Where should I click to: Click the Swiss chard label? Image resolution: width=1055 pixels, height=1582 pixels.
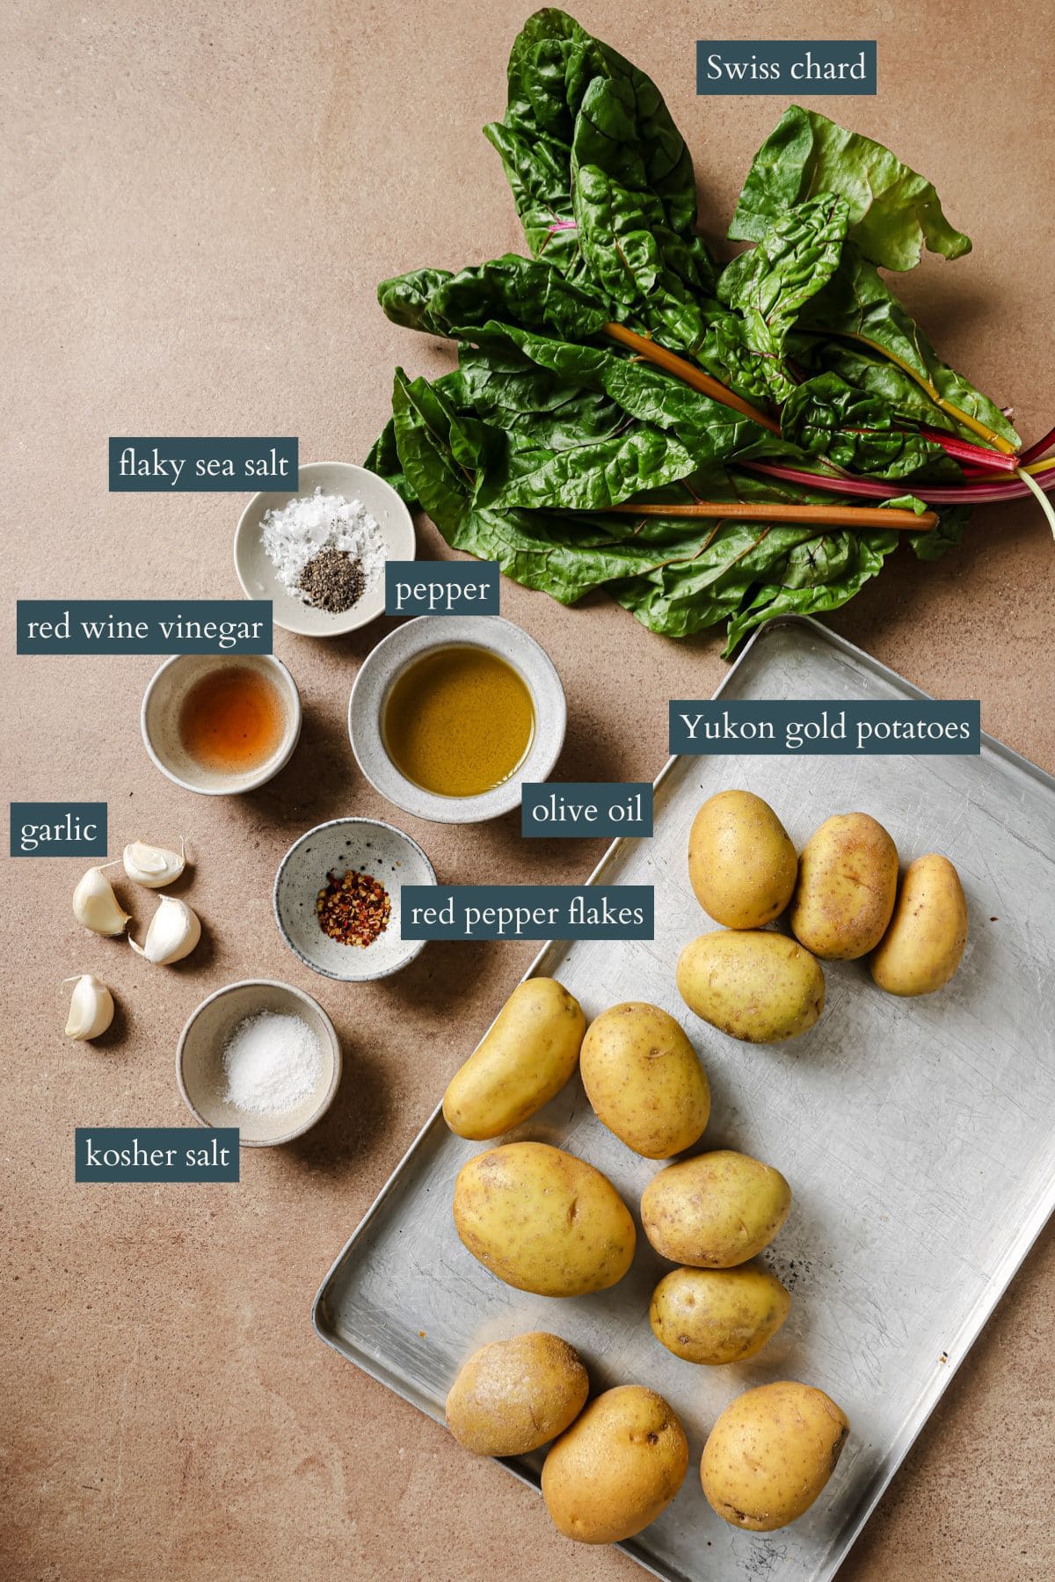[786, 68]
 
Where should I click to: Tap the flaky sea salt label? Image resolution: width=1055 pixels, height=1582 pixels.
[203, 463]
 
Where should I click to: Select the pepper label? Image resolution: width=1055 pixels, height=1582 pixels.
[442, 590]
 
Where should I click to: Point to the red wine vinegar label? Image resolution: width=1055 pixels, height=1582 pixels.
[144, 628]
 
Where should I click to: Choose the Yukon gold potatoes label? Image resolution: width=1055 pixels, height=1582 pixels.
[825, 727]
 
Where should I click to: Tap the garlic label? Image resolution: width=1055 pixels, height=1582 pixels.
[58, 829]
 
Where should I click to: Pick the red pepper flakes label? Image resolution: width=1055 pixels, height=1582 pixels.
[527, 913]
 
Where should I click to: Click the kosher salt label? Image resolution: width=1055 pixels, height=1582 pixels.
[157, 1153]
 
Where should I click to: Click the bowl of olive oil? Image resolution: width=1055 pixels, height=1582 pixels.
[457, 719]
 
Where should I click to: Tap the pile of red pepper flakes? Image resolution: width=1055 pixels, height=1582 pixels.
[353, 904]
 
